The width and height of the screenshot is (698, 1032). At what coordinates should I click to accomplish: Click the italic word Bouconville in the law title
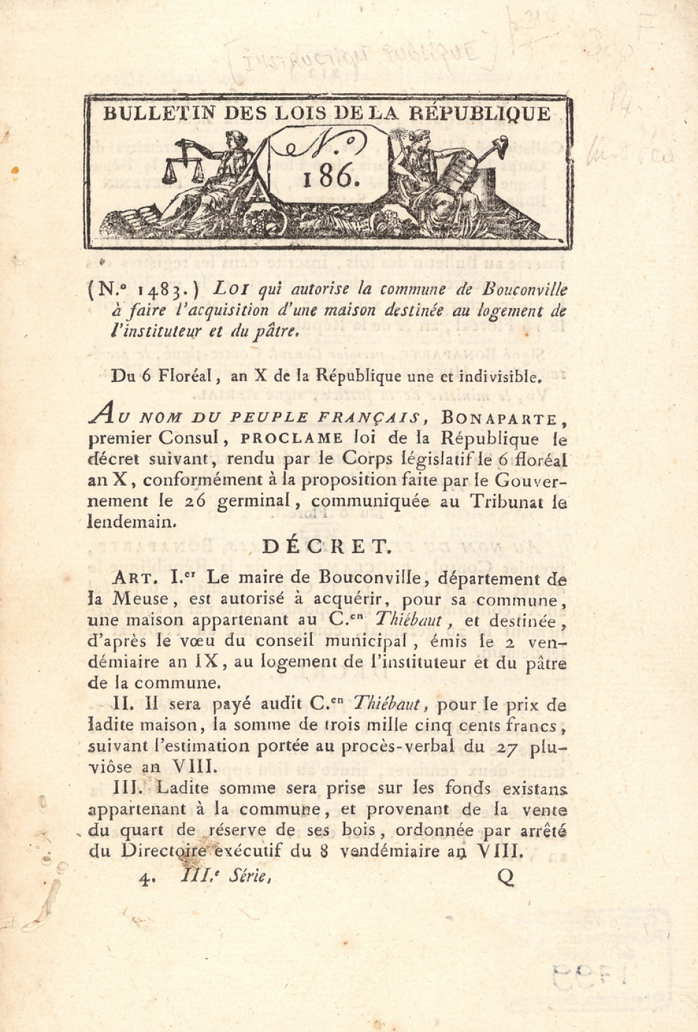click(524, 289)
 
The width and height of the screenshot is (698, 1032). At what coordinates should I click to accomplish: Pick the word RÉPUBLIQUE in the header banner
click(480, 114)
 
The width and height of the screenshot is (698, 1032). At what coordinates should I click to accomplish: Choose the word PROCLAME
click(292, 439)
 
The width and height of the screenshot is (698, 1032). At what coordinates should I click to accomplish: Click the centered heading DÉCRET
click(326, 547)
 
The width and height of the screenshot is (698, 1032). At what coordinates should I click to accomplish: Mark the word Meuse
click(141, 599)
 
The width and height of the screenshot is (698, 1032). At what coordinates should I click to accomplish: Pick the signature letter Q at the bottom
click(505, 878)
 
